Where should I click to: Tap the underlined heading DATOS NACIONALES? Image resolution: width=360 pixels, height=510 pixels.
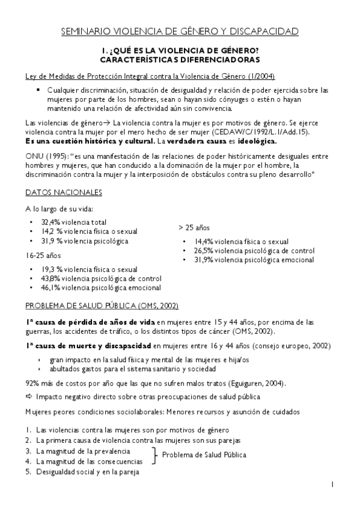pyautogui.click(x=64, y=192)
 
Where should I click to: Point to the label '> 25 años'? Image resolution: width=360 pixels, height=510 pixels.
pyautogui.click(x=194, y=229)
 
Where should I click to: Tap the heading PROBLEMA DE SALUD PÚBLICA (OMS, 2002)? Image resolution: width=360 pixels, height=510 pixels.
pyautogui.click(x=102, y=306)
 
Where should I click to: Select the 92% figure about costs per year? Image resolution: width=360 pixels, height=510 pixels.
pyautogui.click(x=32, y=383)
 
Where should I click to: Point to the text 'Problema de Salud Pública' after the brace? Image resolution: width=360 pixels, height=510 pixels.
pyautogui.click(x=204, y=455)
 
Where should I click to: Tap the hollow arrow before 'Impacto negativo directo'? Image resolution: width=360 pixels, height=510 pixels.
pyautogui.click(x=29, y=397)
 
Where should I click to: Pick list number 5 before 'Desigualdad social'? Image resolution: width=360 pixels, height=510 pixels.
pyautogui.click(x=28, y=472)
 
